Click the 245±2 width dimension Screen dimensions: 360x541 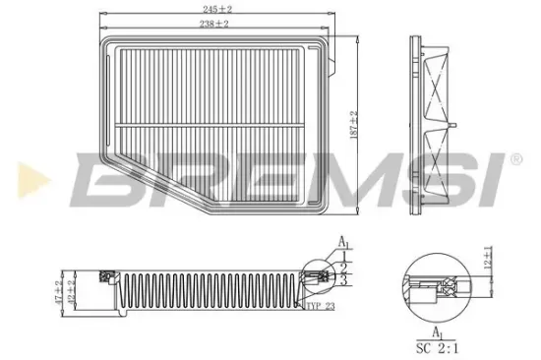[x=217, y=9]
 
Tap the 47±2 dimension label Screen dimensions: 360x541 [x=59, y=291]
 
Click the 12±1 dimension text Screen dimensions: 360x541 [x=488, y=262]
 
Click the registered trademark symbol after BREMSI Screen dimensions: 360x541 [x=514, y=158]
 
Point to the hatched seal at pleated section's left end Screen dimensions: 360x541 [x=106, y=281]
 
